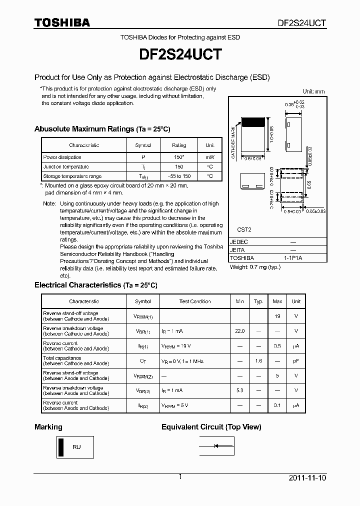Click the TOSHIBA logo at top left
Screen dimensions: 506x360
point(62,22)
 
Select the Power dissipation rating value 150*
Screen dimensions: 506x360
point(178,157)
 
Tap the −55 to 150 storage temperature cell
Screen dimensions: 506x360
point(178,176)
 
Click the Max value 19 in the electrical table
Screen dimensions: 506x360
point(277,316)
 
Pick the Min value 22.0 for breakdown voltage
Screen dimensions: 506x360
point(239,331)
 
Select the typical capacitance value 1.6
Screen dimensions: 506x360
point(258,360)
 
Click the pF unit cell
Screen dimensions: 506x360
point(296,360)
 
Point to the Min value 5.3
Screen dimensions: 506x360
point(239,390)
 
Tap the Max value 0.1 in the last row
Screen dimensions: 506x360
point(277,405)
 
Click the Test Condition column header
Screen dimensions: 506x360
point(195,301)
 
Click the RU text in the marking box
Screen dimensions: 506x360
point(76,447)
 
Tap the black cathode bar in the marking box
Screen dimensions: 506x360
point(61,447)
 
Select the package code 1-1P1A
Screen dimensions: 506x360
point(293,258)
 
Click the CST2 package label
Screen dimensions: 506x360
point(244,230)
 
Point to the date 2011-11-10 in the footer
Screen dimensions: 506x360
point(307,478)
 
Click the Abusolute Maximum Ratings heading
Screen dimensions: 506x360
point(102,129)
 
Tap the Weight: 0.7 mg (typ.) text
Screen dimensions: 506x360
point(255,267)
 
